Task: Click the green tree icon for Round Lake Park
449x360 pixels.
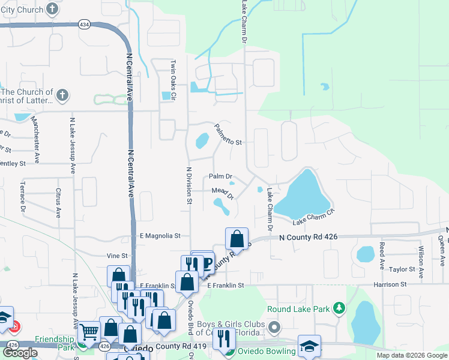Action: [x=339, y=308]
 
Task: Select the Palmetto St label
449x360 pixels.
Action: [x=227, y=136]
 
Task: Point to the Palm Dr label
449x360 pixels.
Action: [x=220, y=176]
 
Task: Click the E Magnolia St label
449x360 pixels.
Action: [x=160, y=236]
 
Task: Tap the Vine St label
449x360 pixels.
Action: [x=117, y=255]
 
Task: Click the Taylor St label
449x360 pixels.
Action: [x=402, y=270]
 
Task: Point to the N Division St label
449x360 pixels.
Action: [x=188, y=186]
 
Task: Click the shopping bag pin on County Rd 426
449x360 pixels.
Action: [x=237, y=239]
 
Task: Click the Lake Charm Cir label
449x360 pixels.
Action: [x=313, y=220]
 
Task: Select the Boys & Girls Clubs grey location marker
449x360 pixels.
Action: [x=275, y=328]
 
